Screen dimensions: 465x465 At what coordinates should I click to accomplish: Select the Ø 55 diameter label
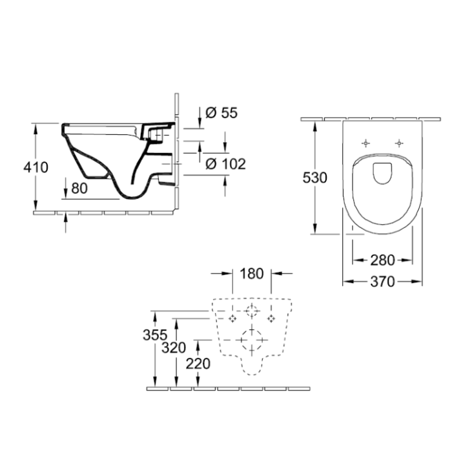click(222, 113)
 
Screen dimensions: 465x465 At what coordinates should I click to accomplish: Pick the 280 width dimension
click(382, 260)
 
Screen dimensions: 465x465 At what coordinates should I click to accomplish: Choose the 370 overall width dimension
click(382, 281)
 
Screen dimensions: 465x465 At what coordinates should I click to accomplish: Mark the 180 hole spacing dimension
click(251, 273)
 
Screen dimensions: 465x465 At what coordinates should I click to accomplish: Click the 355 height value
click(156, 336)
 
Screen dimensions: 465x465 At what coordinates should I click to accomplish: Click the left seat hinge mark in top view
click(366, 143)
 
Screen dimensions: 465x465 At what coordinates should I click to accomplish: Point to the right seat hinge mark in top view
click(399, 143)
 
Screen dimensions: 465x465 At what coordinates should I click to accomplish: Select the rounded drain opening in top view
click(382, 172)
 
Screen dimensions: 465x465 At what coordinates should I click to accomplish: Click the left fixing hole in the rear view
click(231, 318)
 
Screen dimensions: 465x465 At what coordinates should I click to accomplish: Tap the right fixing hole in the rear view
click(271, 318)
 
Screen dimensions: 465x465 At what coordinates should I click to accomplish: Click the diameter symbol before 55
click(210, 113)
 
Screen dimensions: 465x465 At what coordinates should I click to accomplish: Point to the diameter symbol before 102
click(210, 164)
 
